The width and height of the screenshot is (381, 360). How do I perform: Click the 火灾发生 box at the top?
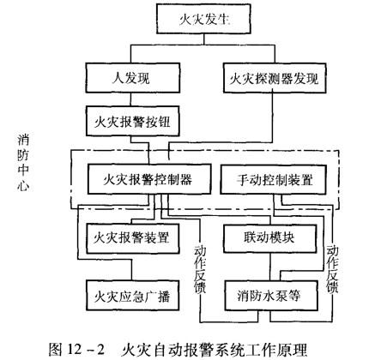[x=203, y=20]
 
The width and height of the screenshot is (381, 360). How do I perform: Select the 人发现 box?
[x=133, y=78]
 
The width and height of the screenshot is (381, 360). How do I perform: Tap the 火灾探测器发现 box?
[x=275, y=78]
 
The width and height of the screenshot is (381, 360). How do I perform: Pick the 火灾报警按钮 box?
[x=133, y=121]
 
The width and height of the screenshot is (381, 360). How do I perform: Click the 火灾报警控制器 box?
[x=149, y=179]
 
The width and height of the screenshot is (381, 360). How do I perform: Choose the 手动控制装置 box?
[x=274, y=180]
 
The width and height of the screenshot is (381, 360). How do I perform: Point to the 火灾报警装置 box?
[x=133, y=238]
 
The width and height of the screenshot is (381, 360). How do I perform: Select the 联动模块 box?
[x=270, y=238]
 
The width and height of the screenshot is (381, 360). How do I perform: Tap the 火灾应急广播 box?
[x=133, y=296]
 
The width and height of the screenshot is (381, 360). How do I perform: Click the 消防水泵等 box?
[x=271, y=296]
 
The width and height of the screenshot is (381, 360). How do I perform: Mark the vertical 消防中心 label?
[x=23, y=162]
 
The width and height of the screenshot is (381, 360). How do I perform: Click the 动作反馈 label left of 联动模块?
[x=200, y=269]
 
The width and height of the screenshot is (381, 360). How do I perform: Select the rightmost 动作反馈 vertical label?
[x=333, y=269]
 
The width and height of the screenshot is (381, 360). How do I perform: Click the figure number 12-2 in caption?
[x=85, y=349]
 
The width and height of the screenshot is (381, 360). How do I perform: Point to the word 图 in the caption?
[x=55, y=349]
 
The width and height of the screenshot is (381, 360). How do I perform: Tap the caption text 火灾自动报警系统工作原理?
[x=215, y=350]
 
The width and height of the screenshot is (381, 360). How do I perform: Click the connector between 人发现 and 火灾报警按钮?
[x=130, y=99]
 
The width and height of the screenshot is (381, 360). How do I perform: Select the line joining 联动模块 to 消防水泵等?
[x=270, y=267]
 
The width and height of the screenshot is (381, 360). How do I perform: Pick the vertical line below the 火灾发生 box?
[x=204, y=39]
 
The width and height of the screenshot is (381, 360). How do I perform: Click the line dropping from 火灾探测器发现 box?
[x=272, y=117]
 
